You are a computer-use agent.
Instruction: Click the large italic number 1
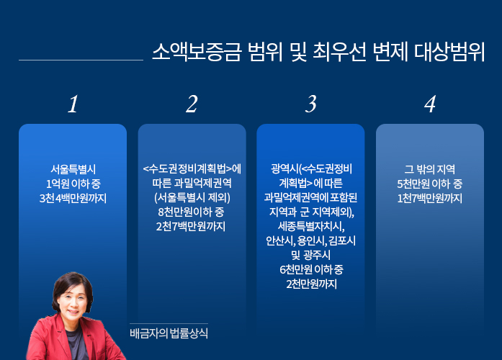[73, 104]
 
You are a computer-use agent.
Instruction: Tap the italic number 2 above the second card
[192, 104]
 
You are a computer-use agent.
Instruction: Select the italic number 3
[311, 104]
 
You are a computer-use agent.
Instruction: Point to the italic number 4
[430, 104]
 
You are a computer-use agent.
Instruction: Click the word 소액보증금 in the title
[196, 52]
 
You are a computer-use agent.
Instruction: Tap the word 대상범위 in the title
[449, 52]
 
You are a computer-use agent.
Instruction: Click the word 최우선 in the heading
[339, 52]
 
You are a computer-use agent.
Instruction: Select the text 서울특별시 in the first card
[73, 169]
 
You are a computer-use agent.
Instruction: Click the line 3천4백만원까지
[73, 199]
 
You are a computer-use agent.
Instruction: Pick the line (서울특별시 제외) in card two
[192, 197]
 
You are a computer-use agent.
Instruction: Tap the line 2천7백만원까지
[191, 226]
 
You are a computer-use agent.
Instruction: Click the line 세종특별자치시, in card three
[311, 226]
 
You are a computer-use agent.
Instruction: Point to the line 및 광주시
[310, 255]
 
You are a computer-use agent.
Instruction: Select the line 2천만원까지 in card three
[312, 284]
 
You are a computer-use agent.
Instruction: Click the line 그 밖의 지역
[430, 169]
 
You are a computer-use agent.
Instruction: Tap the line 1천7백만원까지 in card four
[430, 199]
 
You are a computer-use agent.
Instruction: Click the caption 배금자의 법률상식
[169, 333]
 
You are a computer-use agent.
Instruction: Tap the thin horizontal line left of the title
[81, 60]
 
